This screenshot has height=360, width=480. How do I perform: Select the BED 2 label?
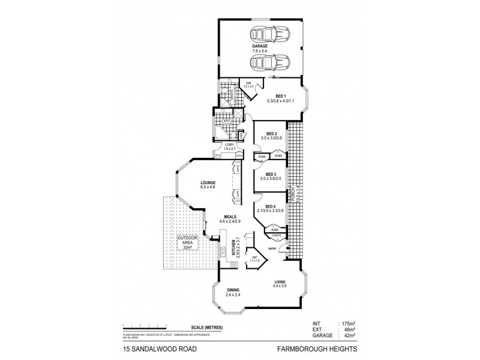click(271, 134)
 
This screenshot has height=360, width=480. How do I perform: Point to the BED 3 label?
click(271, 174)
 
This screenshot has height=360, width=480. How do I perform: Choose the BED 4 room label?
click(271, 206)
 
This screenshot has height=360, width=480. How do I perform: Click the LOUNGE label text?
click(208, 182)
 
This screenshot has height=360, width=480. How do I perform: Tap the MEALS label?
click(230, 217)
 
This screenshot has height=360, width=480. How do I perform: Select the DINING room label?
click(233, 290)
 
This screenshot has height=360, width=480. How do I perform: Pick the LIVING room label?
click(280, 281)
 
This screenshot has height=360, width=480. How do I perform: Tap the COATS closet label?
click(275, 236)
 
